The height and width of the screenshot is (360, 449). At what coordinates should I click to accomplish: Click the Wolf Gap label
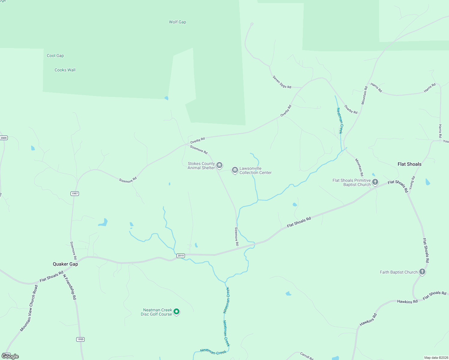(177, 22)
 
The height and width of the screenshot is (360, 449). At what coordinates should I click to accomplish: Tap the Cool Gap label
(55, 55)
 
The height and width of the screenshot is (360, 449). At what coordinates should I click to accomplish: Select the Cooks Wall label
(65, 70)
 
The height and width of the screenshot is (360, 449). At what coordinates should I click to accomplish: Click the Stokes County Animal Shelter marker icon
(219, 165)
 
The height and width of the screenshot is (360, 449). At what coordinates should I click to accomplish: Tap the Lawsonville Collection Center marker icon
(235, 170)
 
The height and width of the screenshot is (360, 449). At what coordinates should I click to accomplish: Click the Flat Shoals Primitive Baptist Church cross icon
(375, 182)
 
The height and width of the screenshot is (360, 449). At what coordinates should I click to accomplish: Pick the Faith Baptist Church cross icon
(422, 272)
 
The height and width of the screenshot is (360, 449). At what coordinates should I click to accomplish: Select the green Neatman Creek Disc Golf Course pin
(177, 312)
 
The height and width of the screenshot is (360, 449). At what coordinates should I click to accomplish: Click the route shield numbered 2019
(180, 256)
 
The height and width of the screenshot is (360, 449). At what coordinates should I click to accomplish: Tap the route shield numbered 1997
(75, 193)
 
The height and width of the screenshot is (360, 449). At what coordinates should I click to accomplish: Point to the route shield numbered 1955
(80, 339)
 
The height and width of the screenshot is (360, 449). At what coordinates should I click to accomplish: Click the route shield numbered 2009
(4, 138)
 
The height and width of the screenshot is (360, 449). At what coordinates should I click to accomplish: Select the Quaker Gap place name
(65, 264)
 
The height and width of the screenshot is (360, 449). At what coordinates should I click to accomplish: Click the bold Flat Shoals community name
(409, 164)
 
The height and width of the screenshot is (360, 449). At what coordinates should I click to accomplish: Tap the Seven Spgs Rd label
(282, 82)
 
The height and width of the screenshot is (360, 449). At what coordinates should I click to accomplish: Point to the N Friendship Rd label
(70, 286)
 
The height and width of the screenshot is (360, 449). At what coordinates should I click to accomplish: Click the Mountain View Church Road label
(29, 308)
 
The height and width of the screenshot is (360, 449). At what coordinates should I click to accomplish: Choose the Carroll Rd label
(306, 356)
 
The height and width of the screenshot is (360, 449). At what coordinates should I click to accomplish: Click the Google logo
(10, 356)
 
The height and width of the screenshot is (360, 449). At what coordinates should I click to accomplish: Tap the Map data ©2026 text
(435, 358)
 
